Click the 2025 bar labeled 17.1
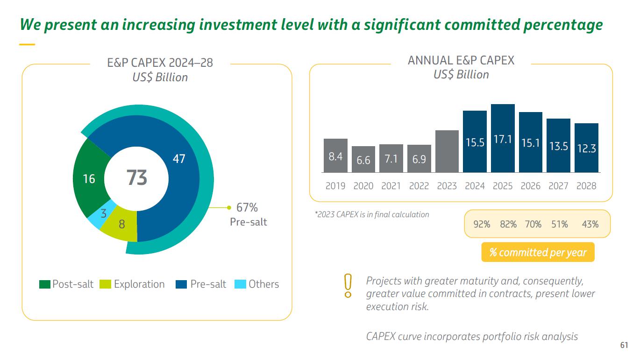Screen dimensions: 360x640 click(x=503, y=138)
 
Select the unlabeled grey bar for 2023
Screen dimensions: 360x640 click(x=447, y=151)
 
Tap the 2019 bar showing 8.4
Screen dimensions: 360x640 click(x=335, y=155)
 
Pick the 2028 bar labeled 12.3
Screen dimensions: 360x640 click(x=586, y=148)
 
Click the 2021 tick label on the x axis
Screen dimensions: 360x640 click(x=391, y=186)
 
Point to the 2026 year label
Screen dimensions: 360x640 click(x=531, y=186)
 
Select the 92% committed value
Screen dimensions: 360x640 click(x=482, y=225)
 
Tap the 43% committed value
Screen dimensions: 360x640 click(x=590, y=225)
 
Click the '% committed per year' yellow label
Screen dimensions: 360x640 click(x=538, y=253)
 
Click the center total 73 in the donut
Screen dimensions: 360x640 click(x=137, y=178)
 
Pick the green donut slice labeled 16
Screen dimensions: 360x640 click(x=89, y=178)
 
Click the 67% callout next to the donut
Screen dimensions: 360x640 click(x=247, y=207)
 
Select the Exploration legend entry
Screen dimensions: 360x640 click(x=133, y=284)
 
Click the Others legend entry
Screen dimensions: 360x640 click(x=257, y=284)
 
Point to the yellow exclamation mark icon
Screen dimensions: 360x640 click(x=348, y=286)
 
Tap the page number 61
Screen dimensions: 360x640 click(x=624, y=346)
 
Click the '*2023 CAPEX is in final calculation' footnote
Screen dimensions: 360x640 click(x=371, y=215)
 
